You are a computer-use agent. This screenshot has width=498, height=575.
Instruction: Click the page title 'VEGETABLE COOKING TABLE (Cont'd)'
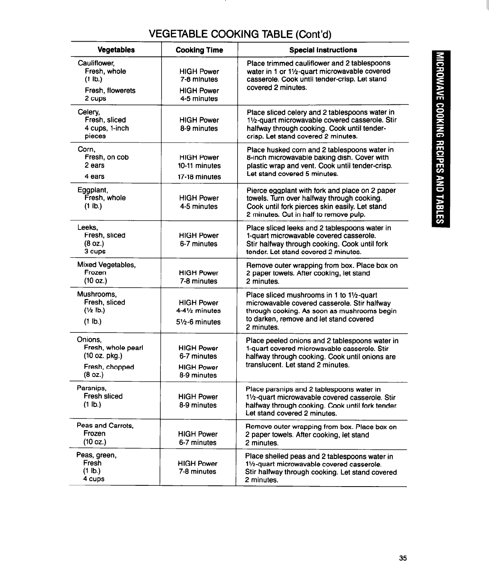(240, 33)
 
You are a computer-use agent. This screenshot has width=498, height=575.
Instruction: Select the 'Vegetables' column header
(116, 50)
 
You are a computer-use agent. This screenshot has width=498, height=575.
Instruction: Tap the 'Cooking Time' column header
(199, 50)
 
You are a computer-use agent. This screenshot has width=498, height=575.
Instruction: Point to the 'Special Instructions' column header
(323, 50)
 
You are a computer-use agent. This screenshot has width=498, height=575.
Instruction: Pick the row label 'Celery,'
(89, 112)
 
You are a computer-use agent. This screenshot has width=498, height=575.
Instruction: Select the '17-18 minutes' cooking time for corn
(199, 177)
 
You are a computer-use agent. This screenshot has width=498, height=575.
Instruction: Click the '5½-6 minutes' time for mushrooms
(199, 322)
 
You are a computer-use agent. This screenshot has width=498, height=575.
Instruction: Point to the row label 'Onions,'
(89, 340)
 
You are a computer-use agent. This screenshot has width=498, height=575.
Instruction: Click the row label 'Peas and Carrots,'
(105, 425)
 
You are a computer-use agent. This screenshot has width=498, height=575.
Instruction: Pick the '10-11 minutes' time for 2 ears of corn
(199, 166)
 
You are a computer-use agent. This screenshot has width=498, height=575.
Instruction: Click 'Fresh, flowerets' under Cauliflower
(110, 90)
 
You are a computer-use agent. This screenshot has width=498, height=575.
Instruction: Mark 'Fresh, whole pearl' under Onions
(113, 348)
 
